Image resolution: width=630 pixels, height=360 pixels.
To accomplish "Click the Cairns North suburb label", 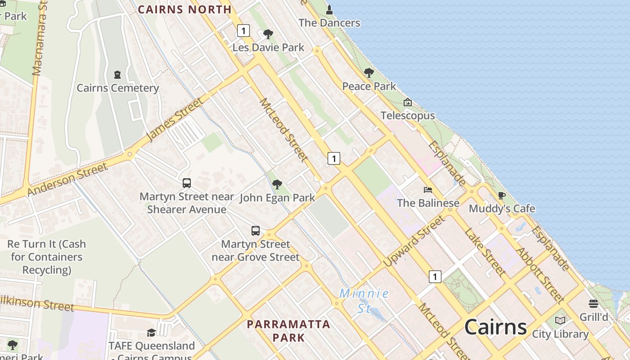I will [x=184, y=9].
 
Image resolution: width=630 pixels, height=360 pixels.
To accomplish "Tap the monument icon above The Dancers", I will [x=329, y=9].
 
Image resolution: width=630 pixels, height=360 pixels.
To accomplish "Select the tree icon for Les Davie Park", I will [x=268, y=34].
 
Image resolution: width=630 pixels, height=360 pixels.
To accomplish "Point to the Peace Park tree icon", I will [x=369, y=72].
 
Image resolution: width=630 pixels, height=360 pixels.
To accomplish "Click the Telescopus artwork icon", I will [x=408, y=102].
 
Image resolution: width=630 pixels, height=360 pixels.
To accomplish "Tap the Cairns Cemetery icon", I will [x=117, y=74].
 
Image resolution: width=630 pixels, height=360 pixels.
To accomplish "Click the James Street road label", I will [x=175, y=119].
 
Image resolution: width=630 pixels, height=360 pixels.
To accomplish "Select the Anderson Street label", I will [x=67, y=179].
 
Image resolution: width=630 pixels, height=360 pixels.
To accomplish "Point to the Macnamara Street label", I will [x=40, y=38].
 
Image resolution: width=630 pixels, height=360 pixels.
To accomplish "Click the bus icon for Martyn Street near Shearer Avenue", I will [x=187, y=183].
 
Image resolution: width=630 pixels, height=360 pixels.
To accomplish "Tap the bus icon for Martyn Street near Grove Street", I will [x=256, y=231].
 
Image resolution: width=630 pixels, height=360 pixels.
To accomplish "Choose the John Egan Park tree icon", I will [x=277, y=184].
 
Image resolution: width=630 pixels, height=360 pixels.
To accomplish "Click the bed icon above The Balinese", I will [x=428, y=189].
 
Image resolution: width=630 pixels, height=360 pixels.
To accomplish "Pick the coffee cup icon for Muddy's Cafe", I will [x=502, y=195].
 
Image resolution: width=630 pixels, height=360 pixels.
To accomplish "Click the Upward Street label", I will [x=414, y=241].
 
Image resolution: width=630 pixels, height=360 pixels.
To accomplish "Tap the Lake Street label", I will [x=485, y=252].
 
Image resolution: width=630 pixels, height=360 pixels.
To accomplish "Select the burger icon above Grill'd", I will [x=594, y=304].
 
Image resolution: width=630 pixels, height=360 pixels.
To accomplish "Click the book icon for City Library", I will [x=560, y=320].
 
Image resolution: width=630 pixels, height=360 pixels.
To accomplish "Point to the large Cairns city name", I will [x=495, y=327].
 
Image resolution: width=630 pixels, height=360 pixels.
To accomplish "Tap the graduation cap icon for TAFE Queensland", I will [x=151, y=333].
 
